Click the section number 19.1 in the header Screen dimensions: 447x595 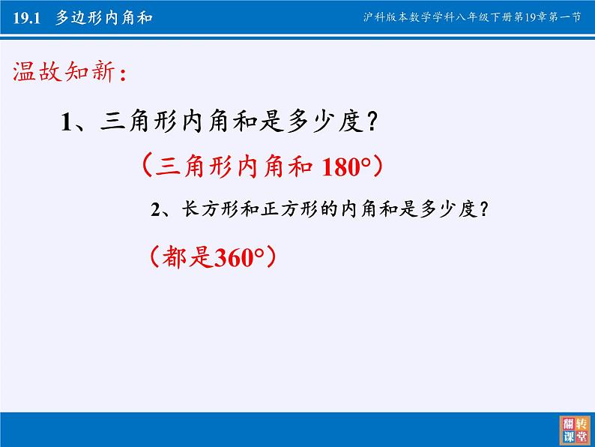(28, 18)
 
